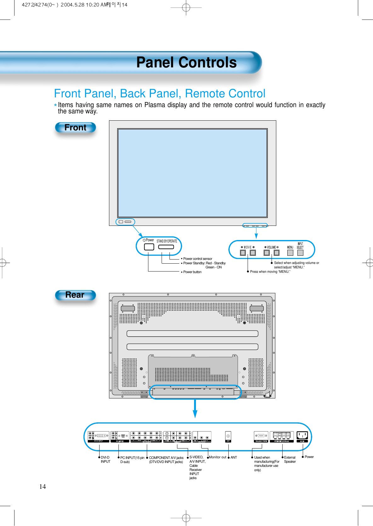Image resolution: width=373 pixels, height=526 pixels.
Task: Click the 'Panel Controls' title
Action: pos(186,62)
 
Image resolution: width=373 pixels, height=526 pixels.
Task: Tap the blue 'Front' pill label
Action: pos(75,128)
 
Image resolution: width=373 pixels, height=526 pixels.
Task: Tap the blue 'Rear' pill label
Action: pos(75,295)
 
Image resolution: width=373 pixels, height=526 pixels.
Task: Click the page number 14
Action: pos(43,487)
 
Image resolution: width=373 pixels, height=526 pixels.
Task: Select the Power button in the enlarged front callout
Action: pos(149,247)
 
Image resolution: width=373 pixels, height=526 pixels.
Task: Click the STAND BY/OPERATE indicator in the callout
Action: pos(166,247)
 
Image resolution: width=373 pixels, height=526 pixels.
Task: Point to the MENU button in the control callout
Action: pos(290,253)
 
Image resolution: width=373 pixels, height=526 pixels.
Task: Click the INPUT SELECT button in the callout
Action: pos(300,253)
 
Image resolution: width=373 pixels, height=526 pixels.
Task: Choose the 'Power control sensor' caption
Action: pos(198,259)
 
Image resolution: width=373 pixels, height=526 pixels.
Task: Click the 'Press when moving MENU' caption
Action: pos(270,272)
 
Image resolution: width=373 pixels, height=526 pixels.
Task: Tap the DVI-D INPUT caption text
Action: pos(105,459)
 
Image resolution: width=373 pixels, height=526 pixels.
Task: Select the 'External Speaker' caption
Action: pos(290,459)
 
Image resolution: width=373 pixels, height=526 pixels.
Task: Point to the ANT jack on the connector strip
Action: pos(228,436)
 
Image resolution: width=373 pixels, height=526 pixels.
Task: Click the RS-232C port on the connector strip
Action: pos(261,436)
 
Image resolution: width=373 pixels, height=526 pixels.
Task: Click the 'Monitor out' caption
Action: pos(217,457)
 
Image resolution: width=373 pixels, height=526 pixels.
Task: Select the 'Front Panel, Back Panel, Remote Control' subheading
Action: pos(159,94)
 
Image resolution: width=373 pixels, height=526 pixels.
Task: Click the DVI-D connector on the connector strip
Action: pos(101,436)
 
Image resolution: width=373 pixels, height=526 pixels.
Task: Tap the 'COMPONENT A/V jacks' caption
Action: pos(166,458)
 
